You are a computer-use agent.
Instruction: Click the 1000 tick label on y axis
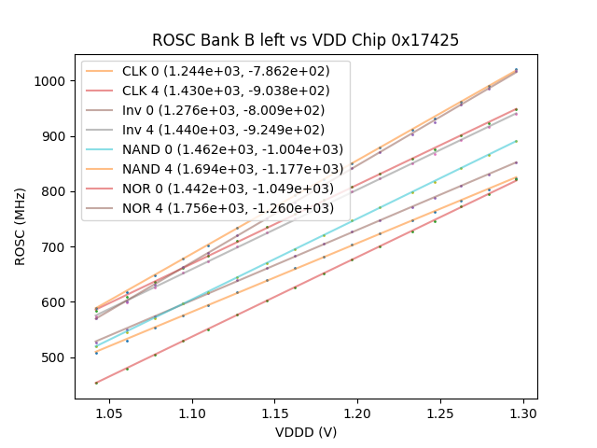coord(53,81)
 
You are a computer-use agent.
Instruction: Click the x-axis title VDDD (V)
coord(306,431)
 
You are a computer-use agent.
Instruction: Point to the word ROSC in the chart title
coord(173,40)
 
